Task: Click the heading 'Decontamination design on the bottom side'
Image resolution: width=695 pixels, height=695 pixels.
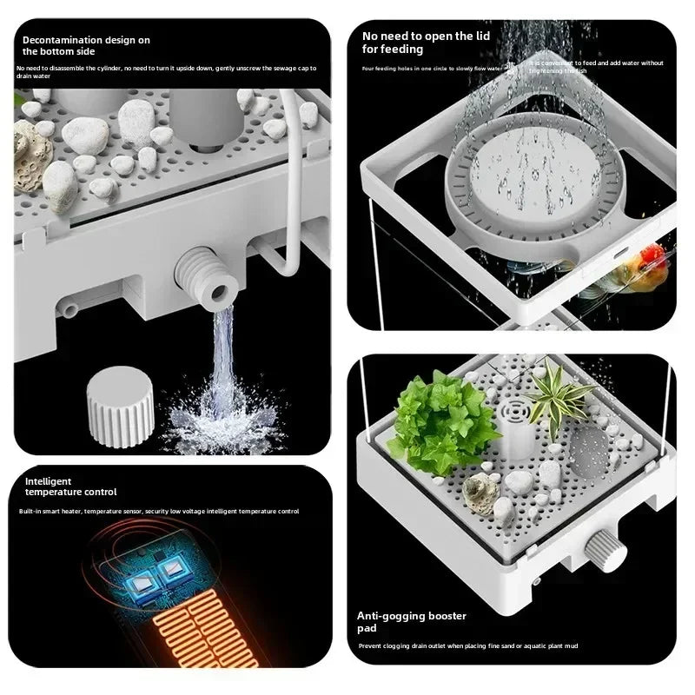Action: pos(86,46)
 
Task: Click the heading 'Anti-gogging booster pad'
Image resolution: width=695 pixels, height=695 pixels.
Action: pos(412,621)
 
